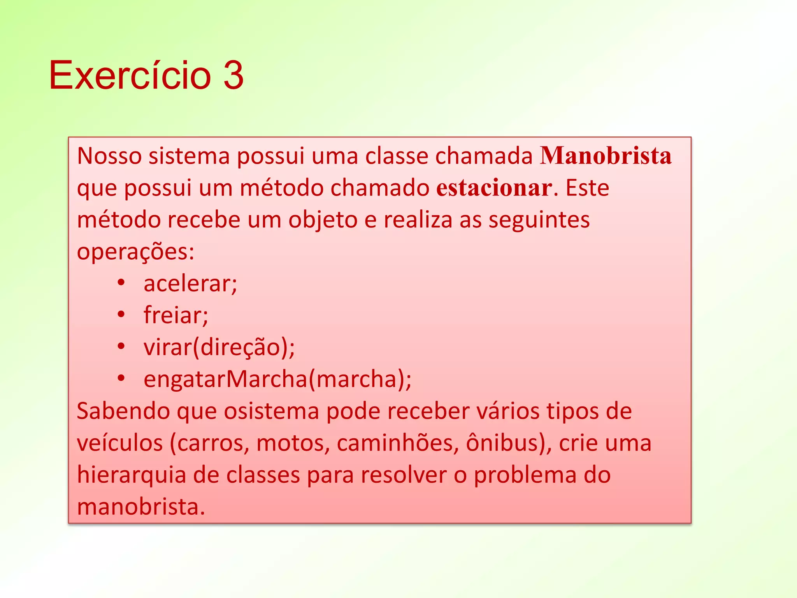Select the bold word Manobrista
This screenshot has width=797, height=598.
point(606,156)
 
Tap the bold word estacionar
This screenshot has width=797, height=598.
point(494,188)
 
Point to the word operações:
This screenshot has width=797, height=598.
point(135,252)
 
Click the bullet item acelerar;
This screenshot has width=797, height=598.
point(190,283)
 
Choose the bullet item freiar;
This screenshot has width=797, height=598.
point(176,315)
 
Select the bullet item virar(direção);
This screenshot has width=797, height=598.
point(219,347)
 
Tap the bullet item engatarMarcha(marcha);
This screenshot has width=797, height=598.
point(277,379)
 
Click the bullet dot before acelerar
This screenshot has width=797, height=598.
point(121,282)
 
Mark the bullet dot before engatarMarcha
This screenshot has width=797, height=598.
point(121,378)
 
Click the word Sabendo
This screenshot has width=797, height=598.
point(123,411)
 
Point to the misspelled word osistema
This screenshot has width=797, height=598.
point(272,411)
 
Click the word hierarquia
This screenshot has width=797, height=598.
point(132,475)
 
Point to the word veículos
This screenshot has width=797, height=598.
point(120,443)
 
